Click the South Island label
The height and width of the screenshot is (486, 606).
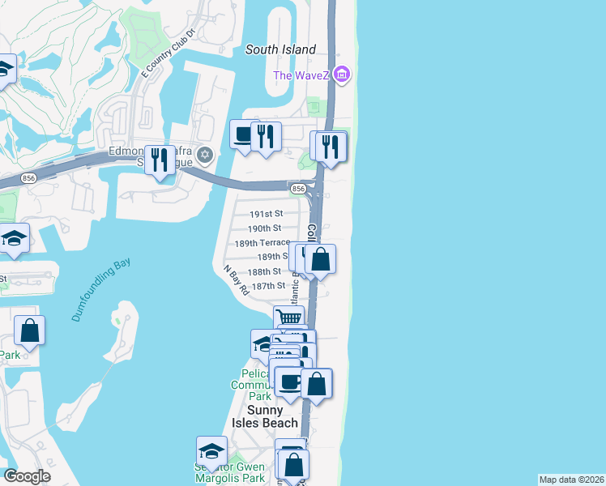coord(280,50)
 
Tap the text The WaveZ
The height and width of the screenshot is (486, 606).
coord(301,76)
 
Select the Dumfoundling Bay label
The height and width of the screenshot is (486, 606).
coord(100,290)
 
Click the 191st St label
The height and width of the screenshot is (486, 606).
coord(265,214)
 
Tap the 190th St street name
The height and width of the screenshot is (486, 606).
coord(265,228)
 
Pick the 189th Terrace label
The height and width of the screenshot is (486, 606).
coord(262,243)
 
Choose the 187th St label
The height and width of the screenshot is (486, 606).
coord(269,286)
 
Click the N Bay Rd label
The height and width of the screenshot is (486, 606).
coord(236,279)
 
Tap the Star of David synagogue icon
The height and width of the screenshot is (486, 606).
coord(205,154)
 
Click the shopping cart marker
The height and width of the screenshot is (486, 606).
coord(288,318)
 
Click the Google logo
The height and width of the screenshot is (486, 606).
coord(27,476)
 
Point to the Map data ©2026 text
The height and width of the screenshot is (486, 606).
coord(571,479)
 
